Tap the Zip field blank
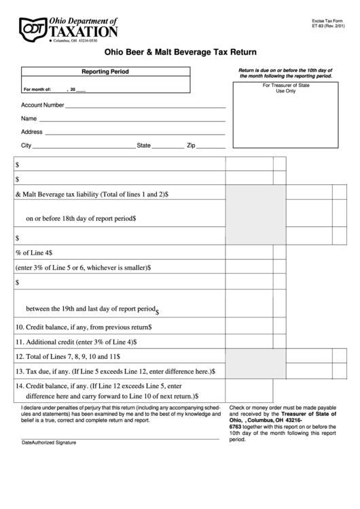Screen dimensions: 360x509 (212, 147)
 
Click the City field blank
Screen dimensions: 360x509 (84, 147)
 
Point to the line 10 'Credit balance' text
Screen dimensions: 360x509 (83, 327)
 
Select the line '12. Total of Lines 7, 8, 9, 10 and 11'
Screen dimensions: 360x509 (68, 357)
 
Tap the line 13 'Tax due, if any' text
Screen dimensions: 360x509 (114, 372)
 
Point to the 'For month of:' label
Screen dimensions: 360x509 (37, 89)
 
